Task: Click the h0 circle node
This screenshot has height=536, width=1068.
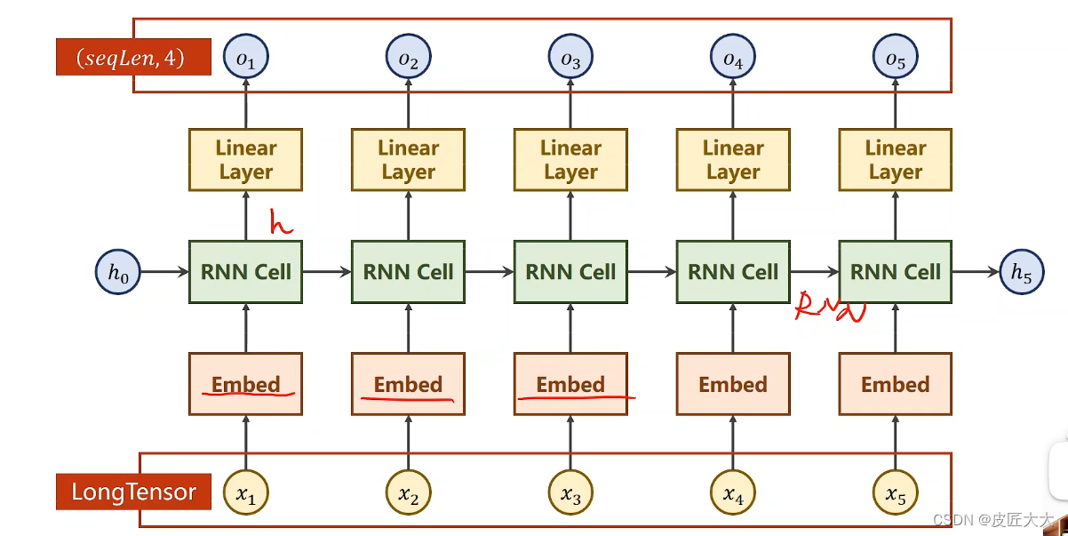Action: coord(118,272)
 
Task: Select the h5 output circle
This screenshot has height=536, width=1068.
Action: coord(1023,272)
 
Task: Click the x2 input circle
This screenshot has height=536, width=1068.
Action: coord(408,492)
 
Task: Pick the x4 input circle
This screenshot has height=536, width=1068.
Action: coord(733,492)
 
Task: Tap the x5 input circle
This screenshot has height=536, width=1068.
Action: coord(895,492)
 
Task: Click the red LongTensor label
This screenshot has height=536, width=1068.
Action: coord(133,492)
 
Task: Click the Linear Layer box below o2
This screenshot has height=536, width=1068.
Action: coord(408,160)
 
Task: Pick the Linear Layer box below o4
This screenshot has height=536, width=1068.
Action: coord(733,160)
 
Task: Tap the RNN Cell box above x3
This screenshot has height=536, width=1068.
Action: coord(570,272)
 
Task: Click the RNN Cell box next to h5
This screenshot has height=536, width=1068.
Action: coord(895,272)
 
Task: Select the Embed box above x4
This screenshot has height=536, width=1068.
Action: coord(733,384)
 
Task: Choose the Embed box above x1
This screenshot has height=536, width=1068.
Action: coord(245,384)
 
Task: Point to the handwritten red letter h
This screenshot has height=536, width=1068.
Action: coord(281,223)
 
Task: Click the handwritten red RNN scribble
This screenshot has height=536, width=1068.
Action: coord(829,308)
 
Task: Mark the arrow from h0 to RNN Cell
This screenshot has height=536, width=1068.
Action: coord(165,272)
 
